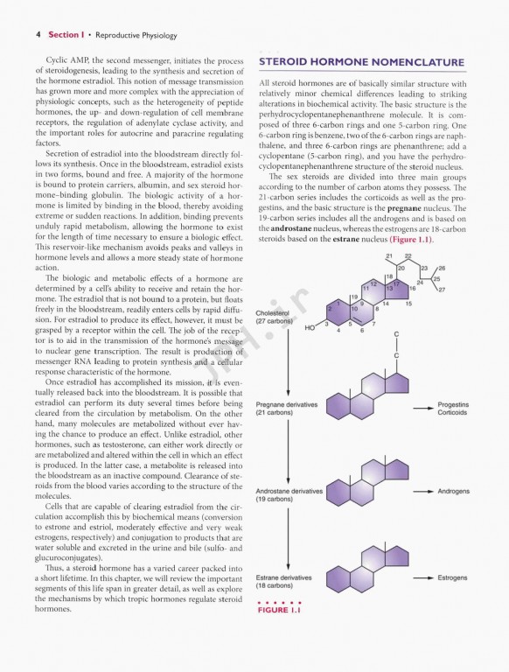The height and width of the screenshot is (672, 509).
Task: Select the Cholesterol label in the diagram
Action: click(x=274, y=312)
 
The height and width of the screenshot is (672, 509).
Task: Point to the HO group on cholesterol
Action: click(x=310, y=330)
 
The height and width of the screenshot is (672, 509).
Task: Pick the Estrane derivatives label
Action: click(x=284, y=577)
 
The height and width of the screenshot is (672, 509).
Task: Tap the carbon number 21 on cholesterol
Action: click(x=389, y=255)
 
